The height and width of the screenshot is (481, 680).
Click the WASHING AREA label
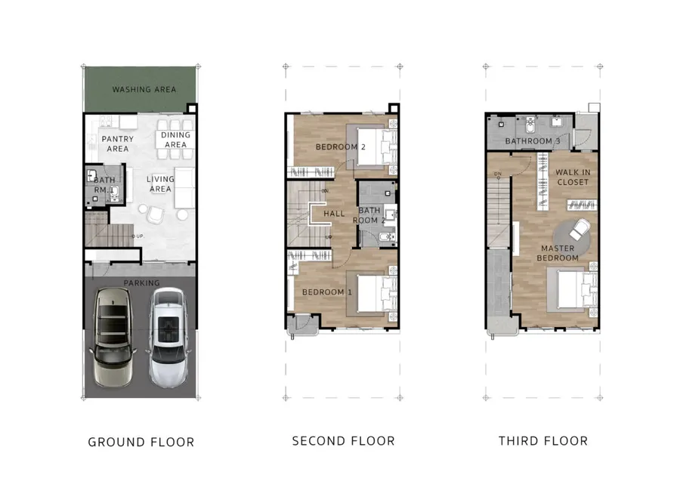[144, 89]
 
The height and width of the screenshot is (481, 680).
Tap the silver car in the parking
[168, 338]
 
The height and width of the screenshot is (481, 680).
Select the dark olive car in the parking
[113, 337]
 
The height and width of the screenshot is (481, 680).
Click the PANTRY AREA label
[118, 144]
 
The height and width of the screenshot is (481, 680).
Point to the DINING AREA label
[175, 140]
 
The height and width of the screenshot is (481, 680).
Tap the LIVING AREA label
[160, 183]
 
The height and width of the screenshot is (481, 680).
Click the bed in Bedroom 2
[376, 147]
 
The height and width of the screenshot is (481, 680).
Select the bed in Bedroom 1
[376, 294]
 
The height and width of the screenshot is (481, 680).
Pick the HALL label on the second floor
[334, 214]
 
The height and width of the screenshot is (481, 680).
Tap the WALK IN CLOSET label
[573, 177]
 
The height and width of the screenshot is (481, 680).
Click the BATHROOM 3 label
[533, 141]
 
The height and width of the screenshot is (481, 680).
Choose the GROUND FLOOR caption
[141, 442]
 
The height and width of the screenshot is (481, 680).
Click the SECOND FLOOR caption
[344, 441]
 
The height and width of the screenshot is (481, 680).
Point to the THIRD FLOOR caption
[543, 441]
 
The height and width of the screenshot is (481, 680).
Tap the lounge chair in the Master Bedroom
[579, 230]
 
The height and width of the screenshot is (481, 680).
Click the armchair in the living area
[156, 214]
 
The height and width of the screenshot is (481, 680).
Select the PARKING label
[141, 282]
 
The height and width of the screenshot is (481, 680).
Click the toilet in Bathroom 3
[530, 125]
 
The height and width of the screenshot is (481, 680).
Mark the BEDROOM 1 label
[327, 292]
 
